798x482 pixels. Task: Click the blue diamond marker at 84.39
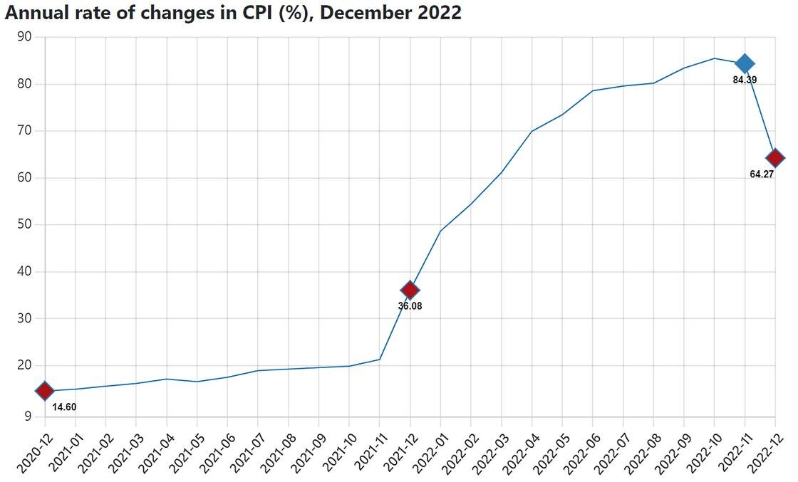pos(745,63)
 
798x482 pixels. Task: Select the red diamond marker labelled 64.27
pos(775,157)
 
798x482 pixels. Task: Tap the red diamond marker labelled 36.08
pos(410,290)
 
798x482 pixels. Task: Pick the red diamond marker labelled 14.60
pos(44,390)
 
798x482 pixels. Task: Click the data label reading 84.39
pos(745,80)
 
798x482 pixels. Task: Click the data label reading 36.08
pos(410,306)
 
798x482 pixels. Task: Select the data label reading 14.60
pos(64,407)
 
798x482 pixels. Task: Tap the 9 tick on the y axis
pos(28,416)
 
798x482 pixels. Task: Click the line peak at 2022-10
pos(715,58)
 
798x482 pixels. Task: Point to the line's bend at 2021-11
pos(380,359)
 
